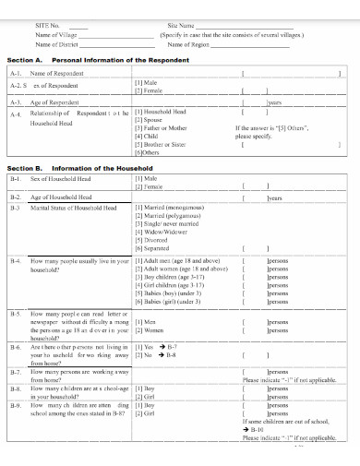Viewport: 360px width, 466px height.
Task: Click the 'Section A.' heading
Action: tap(25, 58)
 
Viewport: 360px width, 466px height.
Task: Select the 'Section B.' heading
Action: tap(25, 169)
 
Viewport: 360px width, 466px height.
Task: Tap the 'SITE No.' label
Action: tap(47, 26)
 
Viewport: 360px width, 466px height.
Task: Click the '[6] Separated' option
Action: tap(153, 248)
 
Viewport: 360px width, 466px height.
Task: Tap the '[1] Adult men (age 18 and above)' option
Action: tap(180, 261)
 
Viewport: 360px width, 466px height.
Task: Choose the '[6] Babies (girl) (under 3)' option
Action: tap(174, 302)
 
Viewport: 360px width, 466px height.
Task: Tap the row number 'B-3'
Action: tap(15, 209)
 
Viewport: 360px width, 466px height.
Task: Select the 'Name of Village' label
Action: tap(56, 34)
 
